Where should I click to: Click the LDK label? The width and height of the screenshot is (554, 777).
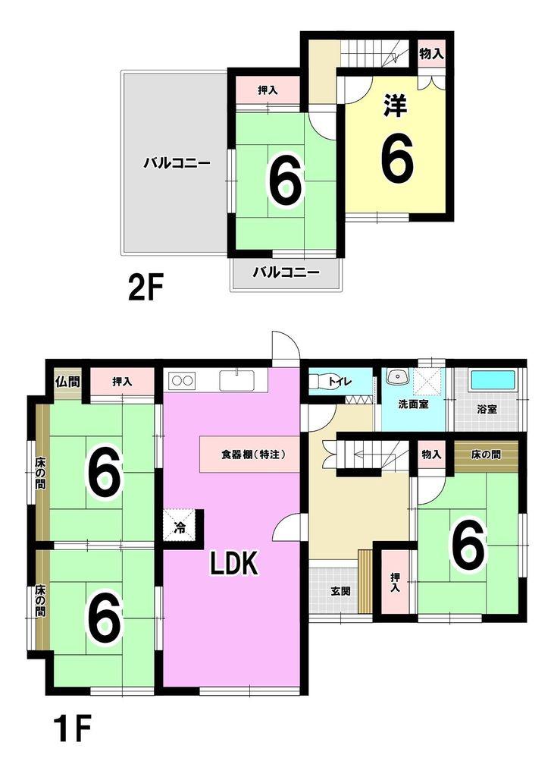(x=234, y=564)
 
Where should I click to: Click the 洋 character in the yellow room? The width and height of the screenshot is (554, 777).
(x=395, y=106)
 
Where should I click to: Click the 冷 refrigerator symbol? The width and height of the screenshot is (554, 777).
(x=180, y=527)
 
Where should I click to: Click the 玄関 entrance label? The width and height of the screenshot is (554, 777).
(x=340, y=591)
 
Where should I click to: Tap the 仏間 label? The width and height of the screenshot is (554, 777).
(x=67, y=382)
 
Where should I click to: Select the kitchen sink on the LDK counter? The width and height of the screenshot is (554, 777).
(x=236, y=381)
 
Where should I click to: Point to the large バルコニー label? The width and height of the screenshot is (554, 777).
(x=177, y=163)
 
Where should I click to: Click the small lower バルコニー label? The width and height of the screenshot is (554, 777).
(x=286, y=272)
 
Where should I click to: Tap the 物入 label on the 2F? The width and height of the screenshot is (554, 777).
(x=431, y=54)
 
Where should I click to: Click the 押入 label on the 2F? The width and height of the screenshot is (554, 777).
(x=268, y=90)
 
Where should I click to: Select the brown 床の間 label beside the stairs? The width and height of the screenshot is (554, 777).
(x=486, y=454)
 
